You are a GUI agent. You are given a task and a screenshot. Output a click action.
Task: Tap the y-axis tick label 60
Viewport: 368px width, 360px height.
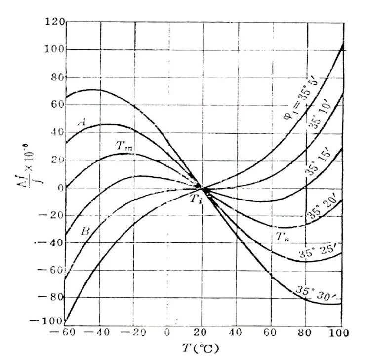click(55, 105)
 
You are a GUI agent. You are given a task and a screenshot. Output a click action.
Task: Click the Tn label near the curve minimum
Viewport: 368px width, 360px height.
click(281, 237)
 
